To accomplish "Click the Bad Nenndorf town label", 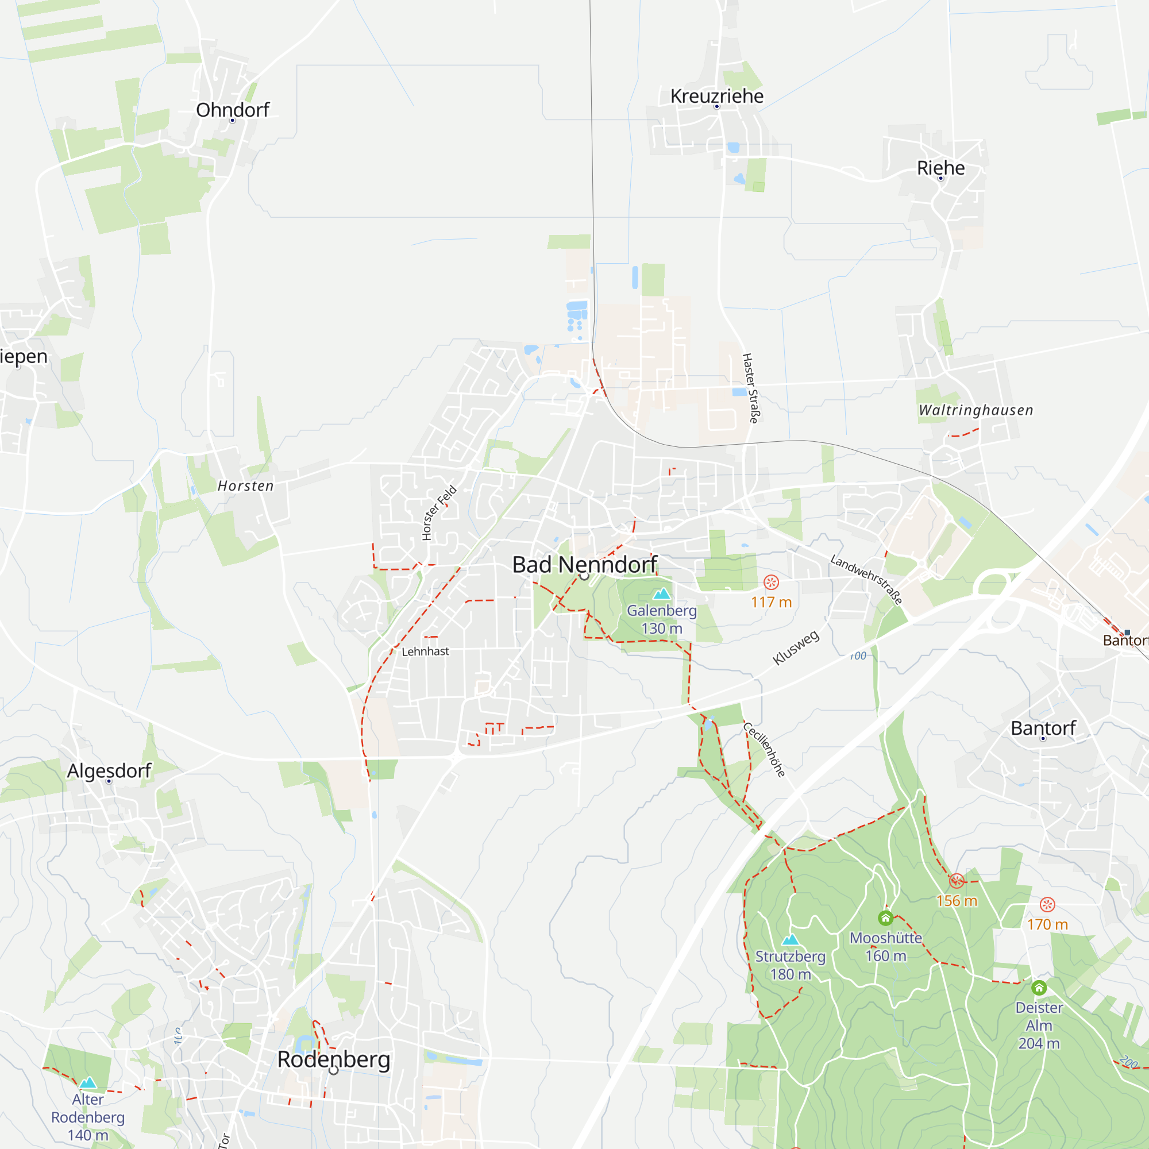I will tap(584, 564).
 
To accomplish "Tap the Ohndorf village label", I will tap(233, 110).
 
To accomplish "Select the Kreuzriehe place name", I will tap(716, 97).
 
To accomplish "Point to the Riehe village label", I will tap(940, 168).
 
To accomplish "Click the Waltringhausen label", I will tap(976, 410).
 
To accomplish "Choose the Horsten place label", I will tap(246, 486).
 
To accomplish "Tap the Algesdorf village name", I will tap(109, 771).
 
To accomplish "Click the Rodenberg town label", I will tap(334, 1059).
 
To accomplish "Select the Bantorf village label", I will tap(1043, 728).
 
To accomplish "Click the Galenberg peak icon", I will tap(661, 593).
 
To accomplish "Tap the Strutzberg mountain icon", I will tap(790, 940).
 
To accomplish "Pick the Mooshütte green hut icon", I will tap(885, 918).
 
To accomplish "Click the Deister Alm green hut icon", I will tap(1039, 988).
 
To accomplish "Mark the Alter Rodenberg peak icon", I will tap(88, 1082).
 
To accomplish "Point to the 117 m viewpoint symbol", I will tap(771, 582).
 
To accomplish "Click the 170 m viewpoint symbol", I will tap(1047, 905).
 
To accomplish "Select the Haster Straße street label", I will tap(750, 388).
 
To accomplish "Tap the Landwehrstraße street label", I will tap(866, 579).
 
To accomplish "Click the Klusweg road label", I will tap(796, 647).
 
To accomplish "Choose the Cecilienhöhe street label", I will tap(765, 749).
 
